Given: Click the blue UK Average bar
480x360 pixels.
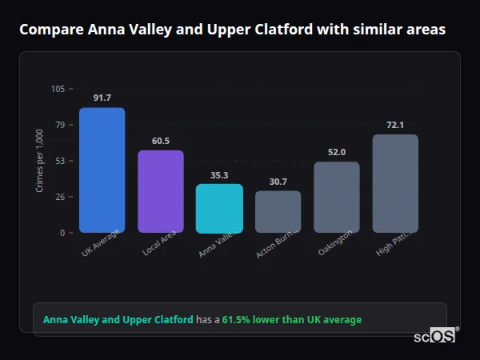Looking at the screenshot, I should click(102, 170).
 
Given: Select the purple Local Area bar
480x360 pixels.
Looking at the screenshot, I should click(161, 191).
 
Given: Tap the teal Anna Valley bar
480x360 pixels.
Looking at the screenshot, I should click(219, 208).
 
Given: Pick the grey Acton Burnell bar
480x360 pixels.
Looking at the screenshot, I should click(278, 211).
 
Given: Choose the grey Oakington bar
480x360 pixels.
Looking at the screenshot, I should click(336, 197).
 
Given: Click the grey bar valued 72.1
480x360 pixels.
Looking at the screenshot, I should click(395, 183).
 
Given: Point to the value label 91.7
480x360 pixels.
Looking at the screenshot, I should click(102, 98).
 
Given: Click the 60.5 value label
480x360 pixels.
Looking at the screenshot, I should click(161, 141).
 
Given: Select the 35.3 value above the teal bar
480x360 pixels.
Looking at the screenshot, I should click(219, 175).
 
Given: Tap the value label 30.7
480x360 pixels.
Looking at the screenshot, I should click(278, 182).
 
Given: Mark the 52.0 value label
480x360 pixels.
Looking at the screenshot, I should click(336, 152).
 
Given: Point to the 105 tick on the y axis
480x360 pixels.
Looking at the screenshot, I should click(58, 89).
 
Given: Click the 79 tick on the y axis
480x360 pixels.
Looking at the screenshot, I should click(61, 125).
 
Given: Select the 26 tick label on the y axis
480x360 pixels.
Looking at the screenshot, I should click(61, 197).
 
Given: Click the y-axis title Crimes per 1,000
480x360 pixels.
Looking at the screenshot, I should click(39, 160).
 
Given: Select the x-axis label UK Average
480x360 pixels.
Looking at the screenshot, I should click(100, 243).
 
